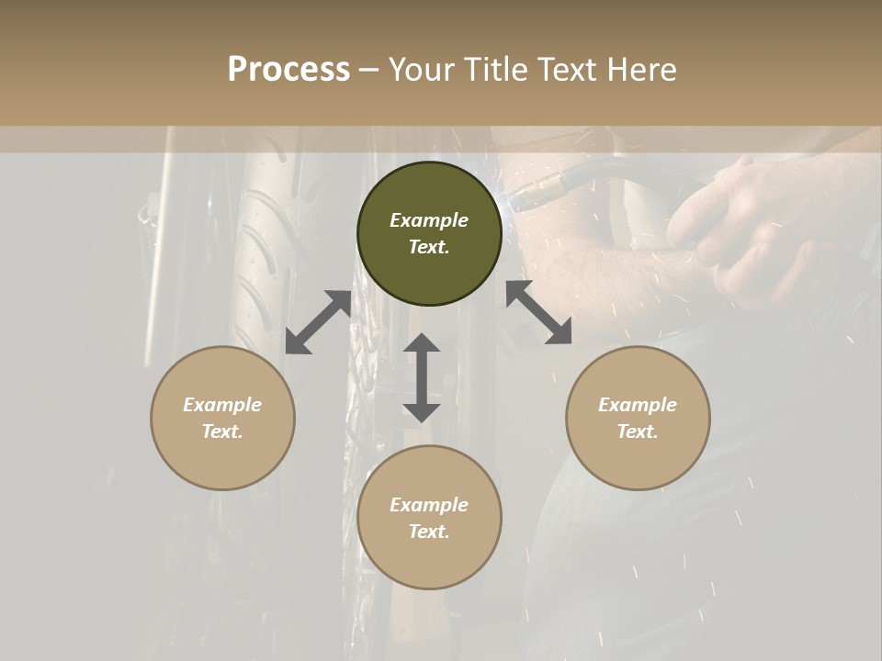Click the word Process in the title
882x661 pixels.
(x=288, y=70)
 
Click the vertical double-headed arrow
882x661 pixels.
(x=422, y=377)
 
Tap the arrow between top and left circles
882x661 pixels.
(x=318, y=322)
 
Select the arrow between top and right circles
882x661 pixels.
(x=538, y=313)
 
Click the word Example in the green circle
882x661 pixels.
(x=429, y=220)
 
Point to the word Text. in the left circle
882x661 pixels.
(x=222, y=431)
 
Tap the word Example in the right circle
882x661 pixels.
(x=638, y=405)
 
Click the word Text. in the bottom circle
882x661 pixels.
(x=429, y=532)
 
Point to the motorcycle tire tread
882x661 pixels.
(x=257, y=257)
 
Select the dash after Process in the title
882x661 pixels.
(x=369, y=70)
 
